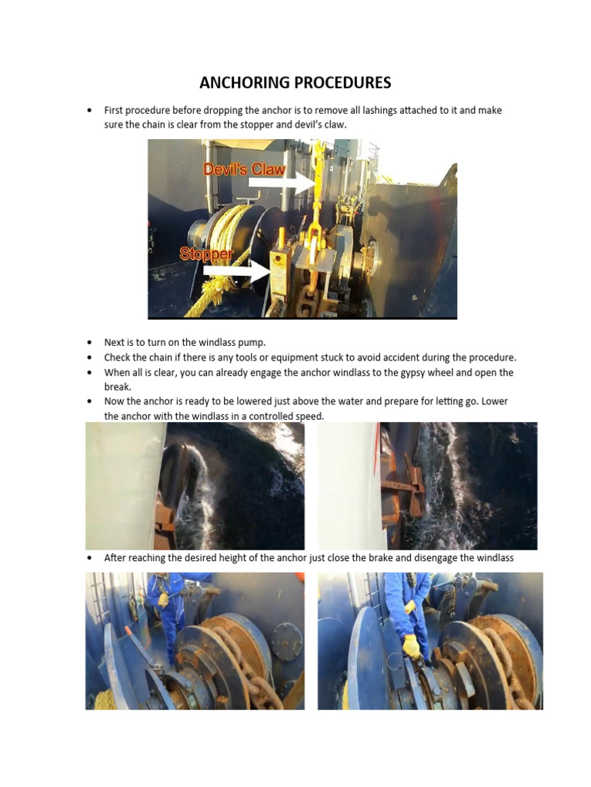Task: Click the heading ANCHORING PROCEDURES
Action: point(295,82)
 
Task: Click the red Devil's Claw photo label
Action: point(244,170)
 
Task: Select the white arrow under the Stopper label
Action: point(239,271)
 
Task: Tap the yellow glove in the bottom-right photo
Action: point(412,646)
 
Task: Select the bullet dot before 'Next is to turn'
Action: point(90,342)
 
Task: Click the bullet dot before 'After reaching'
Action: point(90,558)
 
